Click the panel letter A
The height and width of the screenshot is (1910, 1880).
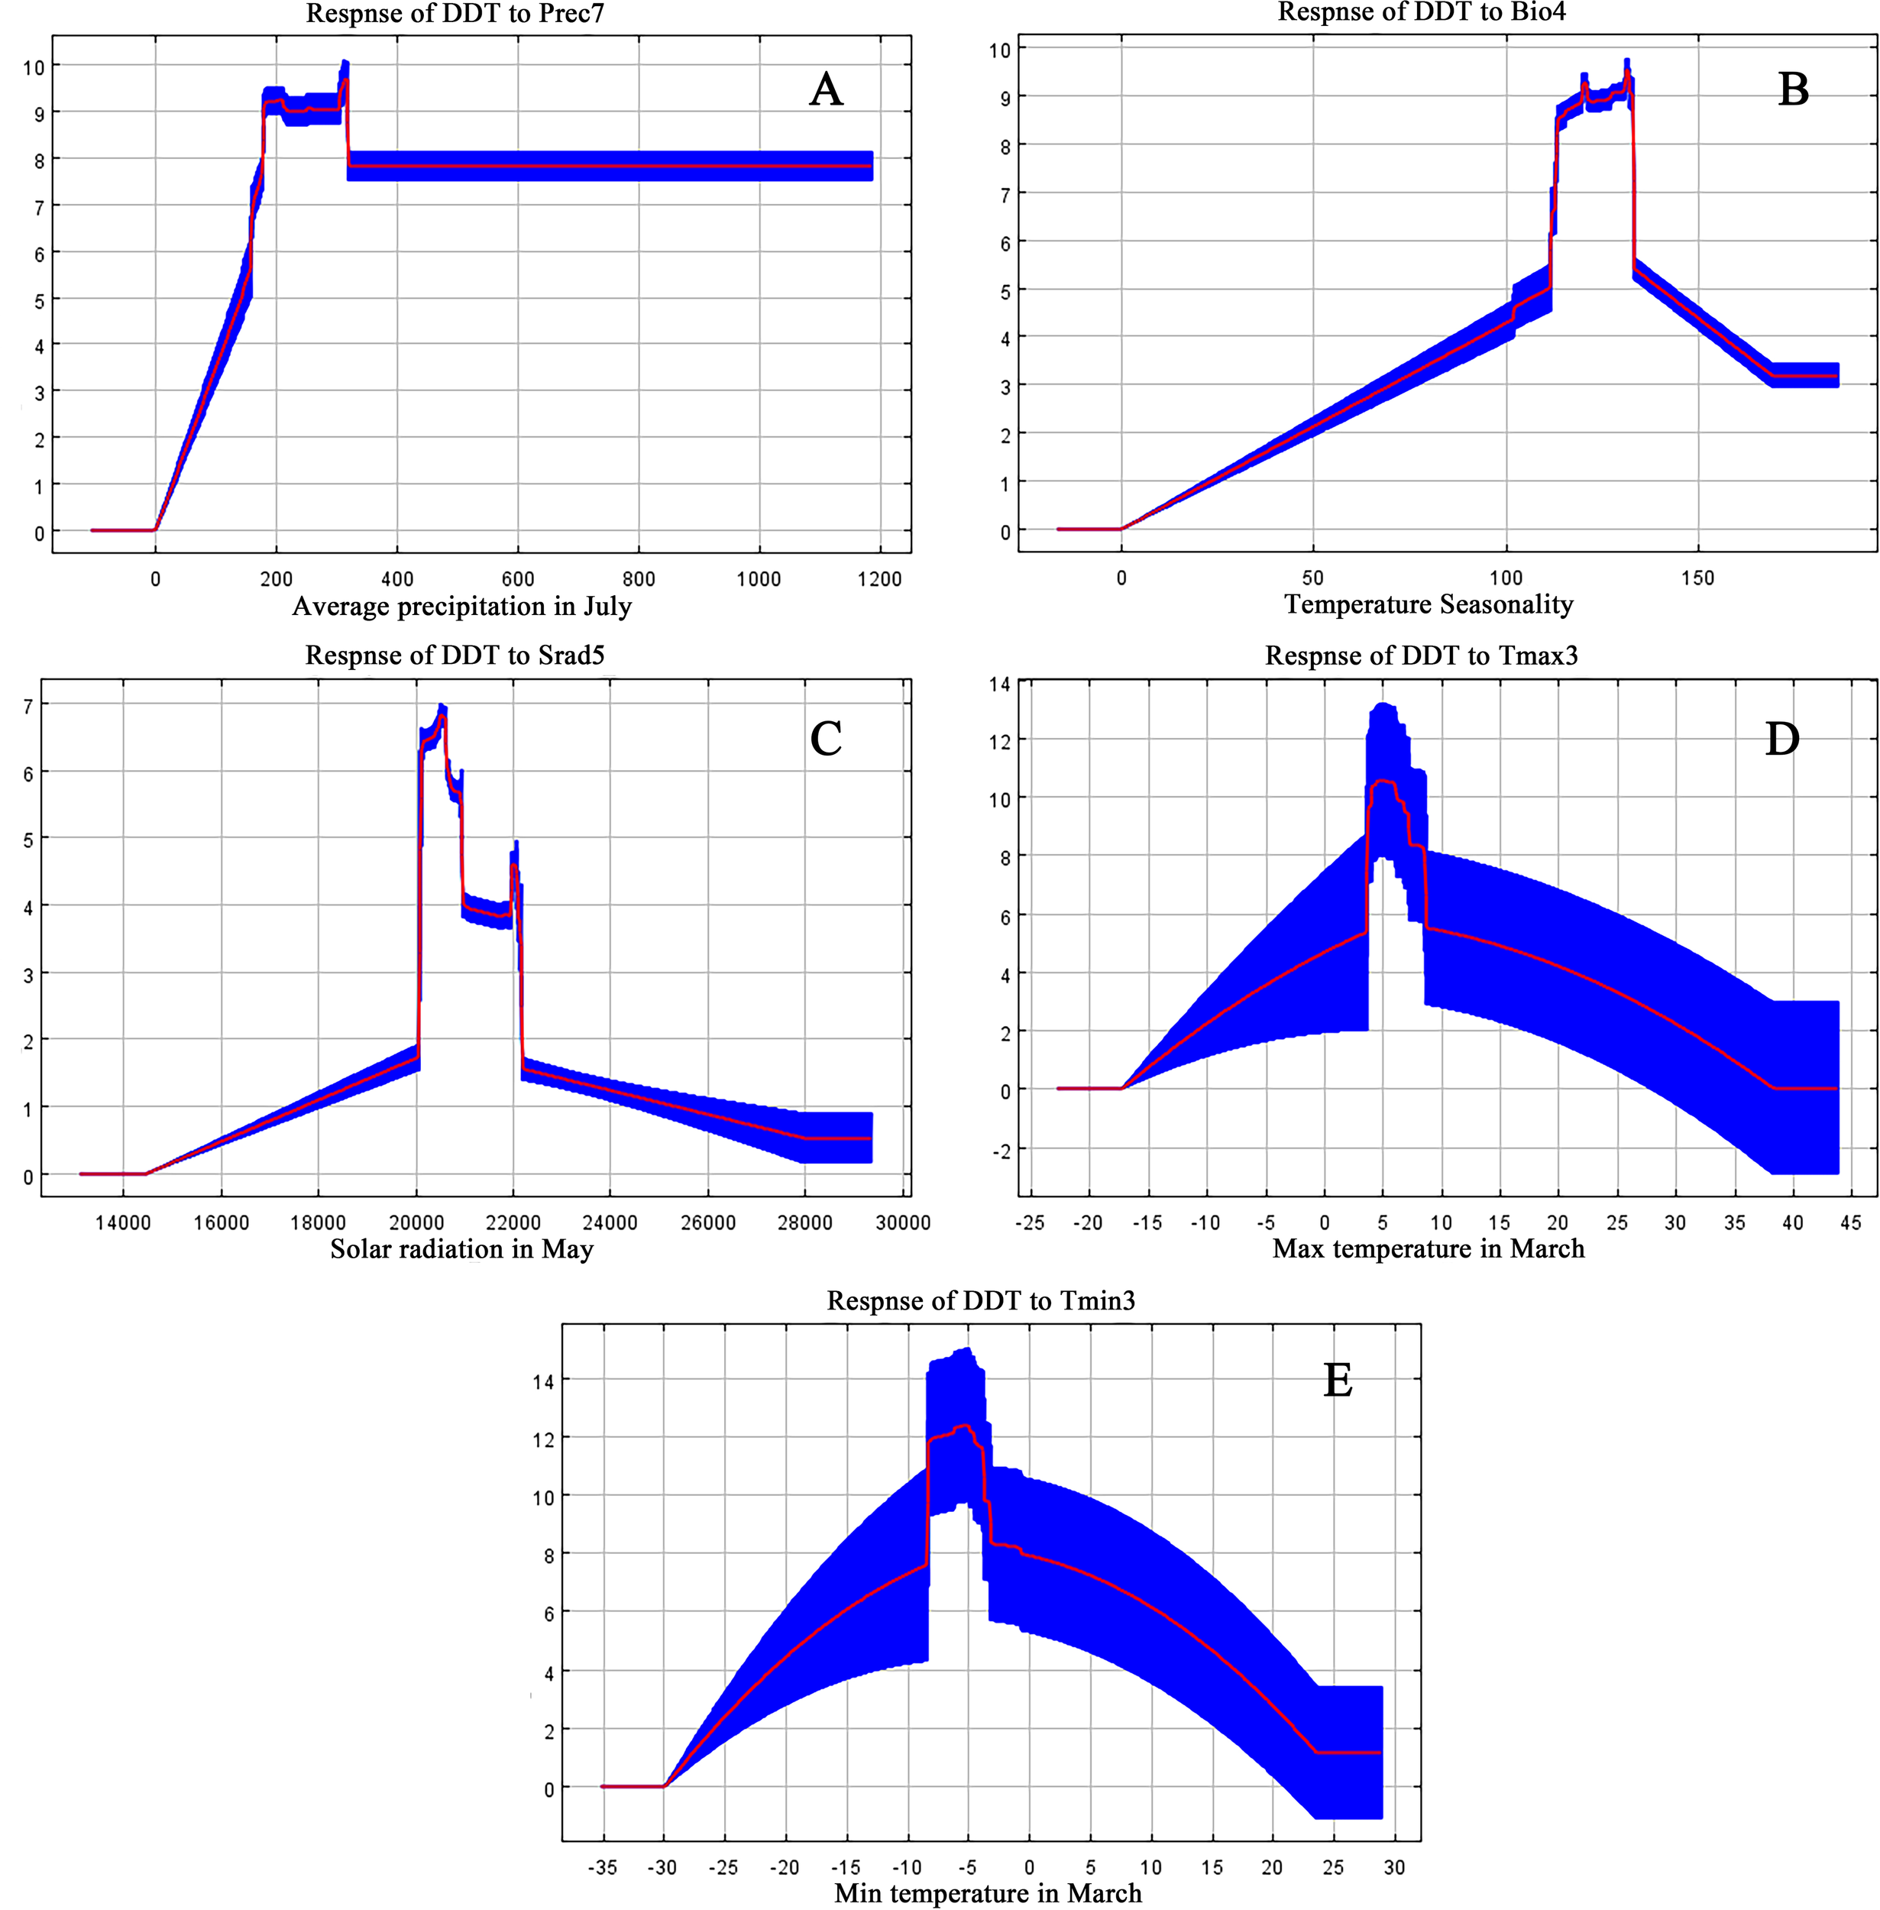coord(826,90)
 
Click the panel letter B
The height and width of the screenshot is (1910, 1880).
coord(1793,90)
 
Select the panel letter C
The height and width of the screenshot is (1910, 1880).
coord(826,738)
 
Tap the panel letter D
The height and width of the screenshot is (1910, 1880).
coord(1782,738)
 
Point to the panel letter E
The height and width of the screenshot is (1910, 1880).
coord(1338,1380)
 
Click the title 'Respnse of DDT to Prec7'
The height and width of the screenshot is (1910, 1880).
coord(455,14)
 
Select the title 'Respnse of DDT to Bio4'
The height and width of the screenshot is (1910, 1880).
coord(1422,12)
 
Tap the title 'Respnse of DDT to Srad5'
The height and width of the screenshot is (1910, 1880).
coord(455,656)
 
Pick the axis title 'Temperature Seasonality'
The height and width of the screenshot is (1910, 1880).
coord(1428,604)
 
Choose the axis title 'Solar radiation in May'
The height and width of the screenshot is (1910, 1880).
coord(461,1248)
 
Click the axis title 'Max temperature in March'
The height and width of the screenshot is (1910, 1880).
coord(1428,1248)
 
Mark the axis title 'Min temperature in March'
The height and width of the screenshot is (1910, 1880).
coord(988,1892)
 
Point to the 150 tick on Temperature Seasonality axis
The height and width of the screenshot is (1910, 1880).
coord(1697,578)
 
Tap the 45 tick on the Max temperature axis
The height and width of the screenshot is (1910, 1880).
coord(1850,1222)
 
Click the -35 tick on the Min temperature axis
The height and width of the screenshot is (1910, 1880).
coord(602,1866)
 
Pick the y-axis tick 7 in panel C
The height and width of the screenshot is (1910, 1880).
coord(28,706)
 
